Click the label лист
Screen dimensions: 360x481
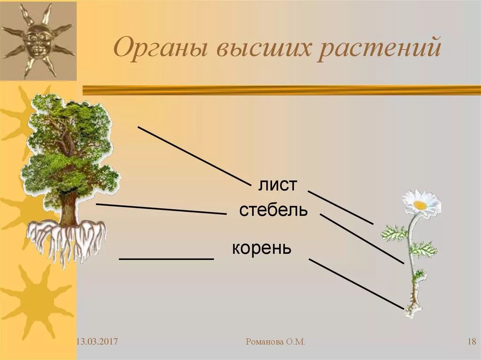click(278, 185)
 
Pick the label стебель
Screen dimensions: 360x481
click(273, 210)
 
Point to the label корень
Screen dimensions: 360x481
click(262, 248)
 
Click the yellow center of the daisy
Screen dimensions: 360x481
click(420, 205)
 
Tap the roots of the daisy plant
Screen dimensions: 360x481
click(414, 307)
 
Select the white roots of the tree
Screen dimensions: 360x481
click(66, 239)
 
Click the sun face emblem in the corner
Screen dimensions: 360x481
click(38, 40)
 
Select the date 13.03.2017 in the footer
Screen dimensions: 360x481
click(97, 342)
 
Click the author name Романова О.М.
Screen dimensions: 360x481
click(275, 342)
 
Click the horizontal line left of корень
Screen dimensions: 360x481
click(166, 259)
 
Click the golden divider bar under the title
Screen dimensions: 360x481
click(282, 90)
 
